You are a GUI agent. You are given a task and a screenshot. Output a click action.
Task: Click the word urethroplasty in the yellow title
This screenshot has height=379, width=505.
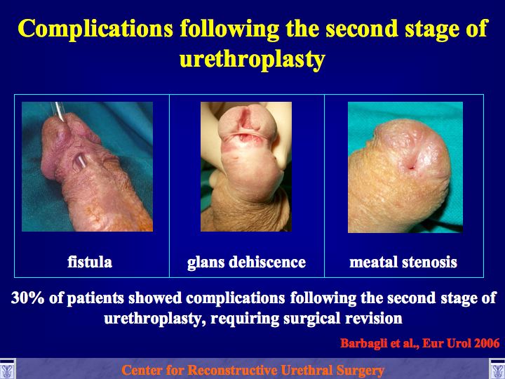click(x=252, y=60)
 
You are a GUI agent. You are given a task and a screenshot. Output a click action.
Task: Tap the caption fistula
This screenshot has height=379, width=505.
click(x=90, y=262)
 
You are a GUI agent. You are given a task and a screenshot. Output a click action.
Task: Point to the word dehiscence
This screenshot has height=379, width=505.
click(x=267, y=262)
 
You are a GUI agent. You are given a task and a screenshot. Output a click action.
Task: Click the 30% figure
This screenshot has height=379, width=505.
click(x=27, y=298)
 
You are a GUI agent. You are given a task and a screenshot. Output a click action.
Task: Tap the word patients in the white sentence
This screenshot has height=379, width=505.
click(x=95, y=298)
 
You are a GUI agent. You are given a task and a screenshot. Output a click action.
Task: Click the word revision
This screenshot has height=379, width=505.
click(x=374, y=319)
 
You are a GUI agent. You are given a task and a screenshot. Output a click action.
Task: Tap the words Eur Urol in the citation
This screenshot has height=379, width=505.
click(x=445, y=343)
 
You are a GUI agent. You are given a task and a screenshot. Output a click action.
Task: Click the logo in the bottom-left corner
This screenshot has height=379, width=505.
click(x=7, y=368)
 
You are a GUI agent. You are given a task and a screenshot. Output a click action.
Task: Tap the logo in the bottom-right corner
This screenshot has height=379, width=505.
click(x=497, y=368)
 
